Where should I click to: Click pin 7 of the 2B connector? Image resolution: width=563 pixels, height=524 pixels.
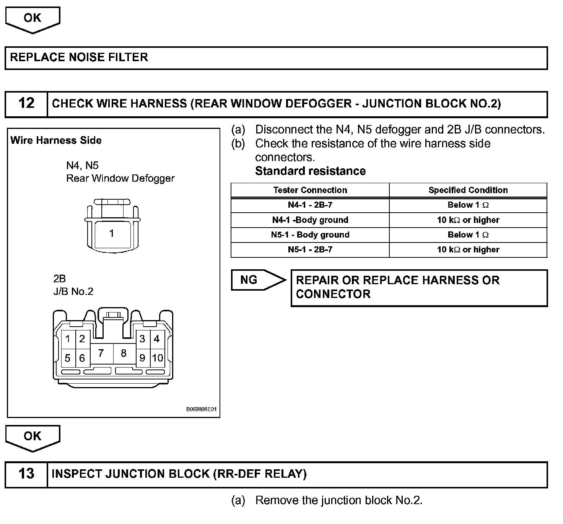point(101,353)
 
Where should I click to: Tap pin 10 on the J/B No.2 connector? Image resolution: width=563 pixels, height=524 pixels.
point(157,358)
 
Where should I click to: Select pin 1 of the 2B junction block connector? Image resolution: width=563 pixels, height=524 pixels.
point(68,339)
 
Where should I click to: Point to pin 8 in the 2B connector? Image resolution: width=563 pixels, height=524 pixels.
point(124,353)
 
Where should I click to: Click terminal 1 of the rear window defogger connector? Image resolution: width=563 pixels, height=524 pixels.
point(111,233)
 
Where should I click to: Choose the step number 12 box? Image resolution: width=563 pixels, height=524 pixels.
point(26,104)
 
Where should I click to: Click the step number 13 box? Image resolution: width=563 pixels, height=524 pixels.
point(26,474)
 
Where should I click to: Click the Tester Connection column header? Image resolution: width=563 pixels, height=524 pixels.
point(310,190)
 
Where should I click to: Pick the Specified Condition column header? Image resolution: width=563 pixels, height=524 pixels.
point(468,190)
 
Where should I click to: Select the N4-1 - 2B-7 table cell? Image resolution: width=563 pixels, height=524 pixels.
point(310,205)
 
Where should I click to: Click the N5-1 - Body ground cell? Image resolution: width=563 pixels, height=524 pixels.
point(310,235)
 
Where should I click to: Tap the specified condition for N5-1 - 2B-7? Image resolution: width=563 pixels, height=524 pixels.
point(468,250)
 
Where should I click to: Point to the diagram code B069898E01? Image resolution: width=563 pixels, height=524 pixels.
point(201,409)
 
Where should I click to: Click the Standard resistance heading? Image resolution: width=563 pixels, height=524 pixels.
point(310,171)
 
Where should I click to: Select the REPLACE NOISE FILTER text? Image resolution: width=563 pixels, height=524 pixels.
point(79,57)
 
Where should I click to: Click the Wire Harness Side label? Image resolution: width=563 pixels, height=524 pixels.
point(56,140)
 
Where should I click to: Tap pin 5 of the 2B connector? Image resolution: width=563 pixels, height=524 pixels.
point(68,358)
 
